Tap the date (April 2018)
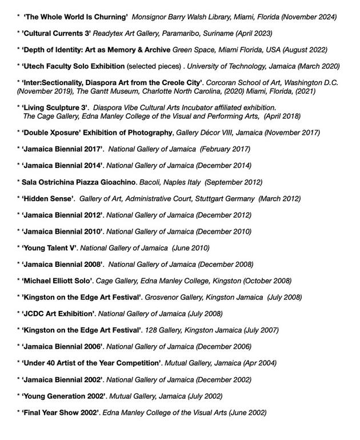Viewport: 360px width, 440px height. [x=278, y=116]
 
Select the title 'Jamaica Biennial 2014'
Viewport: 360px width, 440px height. [x=62, y=166]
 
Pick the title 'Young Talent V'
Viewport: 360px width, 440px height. [x=49, y=248]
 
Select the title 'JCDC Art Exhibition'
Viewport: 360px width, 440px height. [x=58, y=314]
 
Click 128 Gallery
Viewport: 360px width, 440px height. [x=162, y=330]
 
